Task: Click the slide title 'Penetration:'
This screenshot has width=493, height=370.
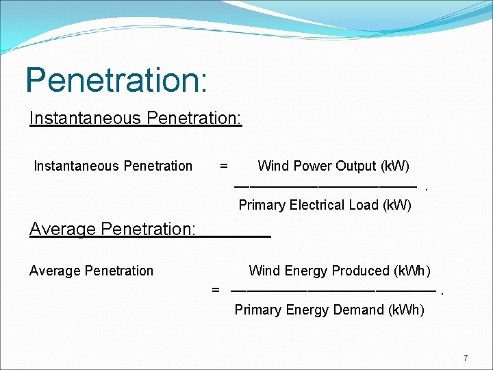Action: coord(116,80)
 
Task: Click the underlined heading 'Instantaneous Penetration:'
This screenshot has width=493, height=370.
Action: coord(136,119)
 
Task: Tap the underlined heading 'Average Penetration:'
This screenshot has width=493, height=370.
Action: coord(113,229)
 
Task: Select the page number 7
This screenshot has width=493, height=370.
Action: coord(466,358)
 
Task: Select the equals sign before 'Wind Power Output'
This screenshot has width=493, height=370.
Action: coord(223,166)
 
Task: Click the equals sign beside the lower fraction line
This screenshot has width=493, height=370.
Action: coord(216,290)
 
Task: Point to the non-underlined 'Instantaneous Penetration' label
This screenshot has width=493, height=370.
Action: coord(113,166)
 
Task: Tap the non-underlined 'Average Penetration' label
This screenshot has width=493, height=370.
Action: coord(92,271)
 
